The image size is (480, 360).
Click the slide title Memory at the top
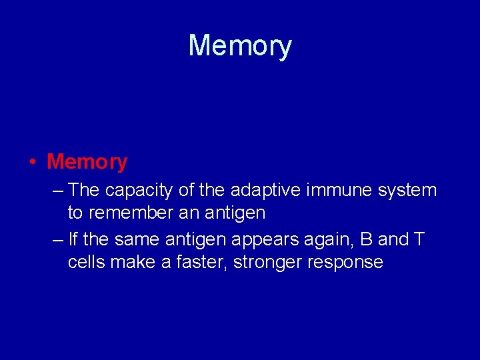coord(240,46)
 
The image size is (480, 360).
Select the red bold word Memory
coord(87,161)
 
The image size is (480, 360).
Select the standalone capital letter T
coord(418,239)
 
